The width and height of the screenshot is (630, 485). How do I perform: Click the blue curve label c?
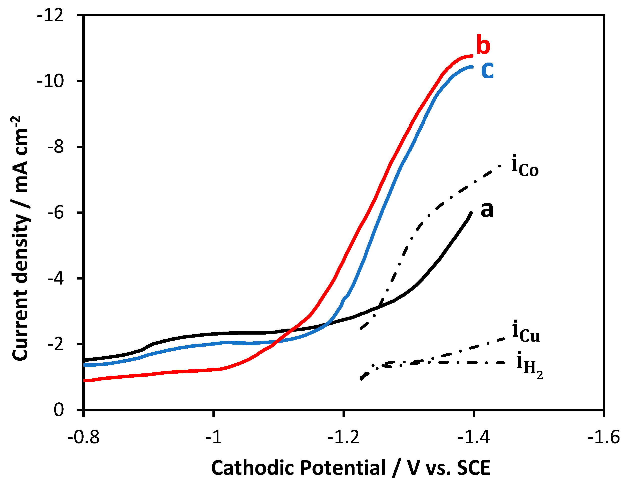487,70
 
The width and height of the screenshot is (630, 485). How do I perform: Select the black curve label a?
487,210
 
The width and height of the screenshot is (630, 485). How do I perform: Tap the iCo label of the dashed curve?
525,166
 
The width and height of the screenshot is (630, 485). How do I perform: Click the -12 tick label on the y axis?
51,15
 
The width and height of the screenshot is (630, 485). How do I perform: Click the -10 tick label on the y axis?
51,81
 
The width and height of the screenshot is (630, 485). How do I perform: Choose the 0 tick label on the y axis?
59,410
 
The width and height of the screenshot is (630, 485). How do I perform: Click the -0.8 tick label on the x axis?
84,437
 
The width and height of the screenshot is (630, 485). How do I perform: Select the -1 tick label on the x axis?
214,437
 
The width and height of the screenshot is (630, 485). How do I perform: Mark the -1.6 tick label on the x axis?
604,437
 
